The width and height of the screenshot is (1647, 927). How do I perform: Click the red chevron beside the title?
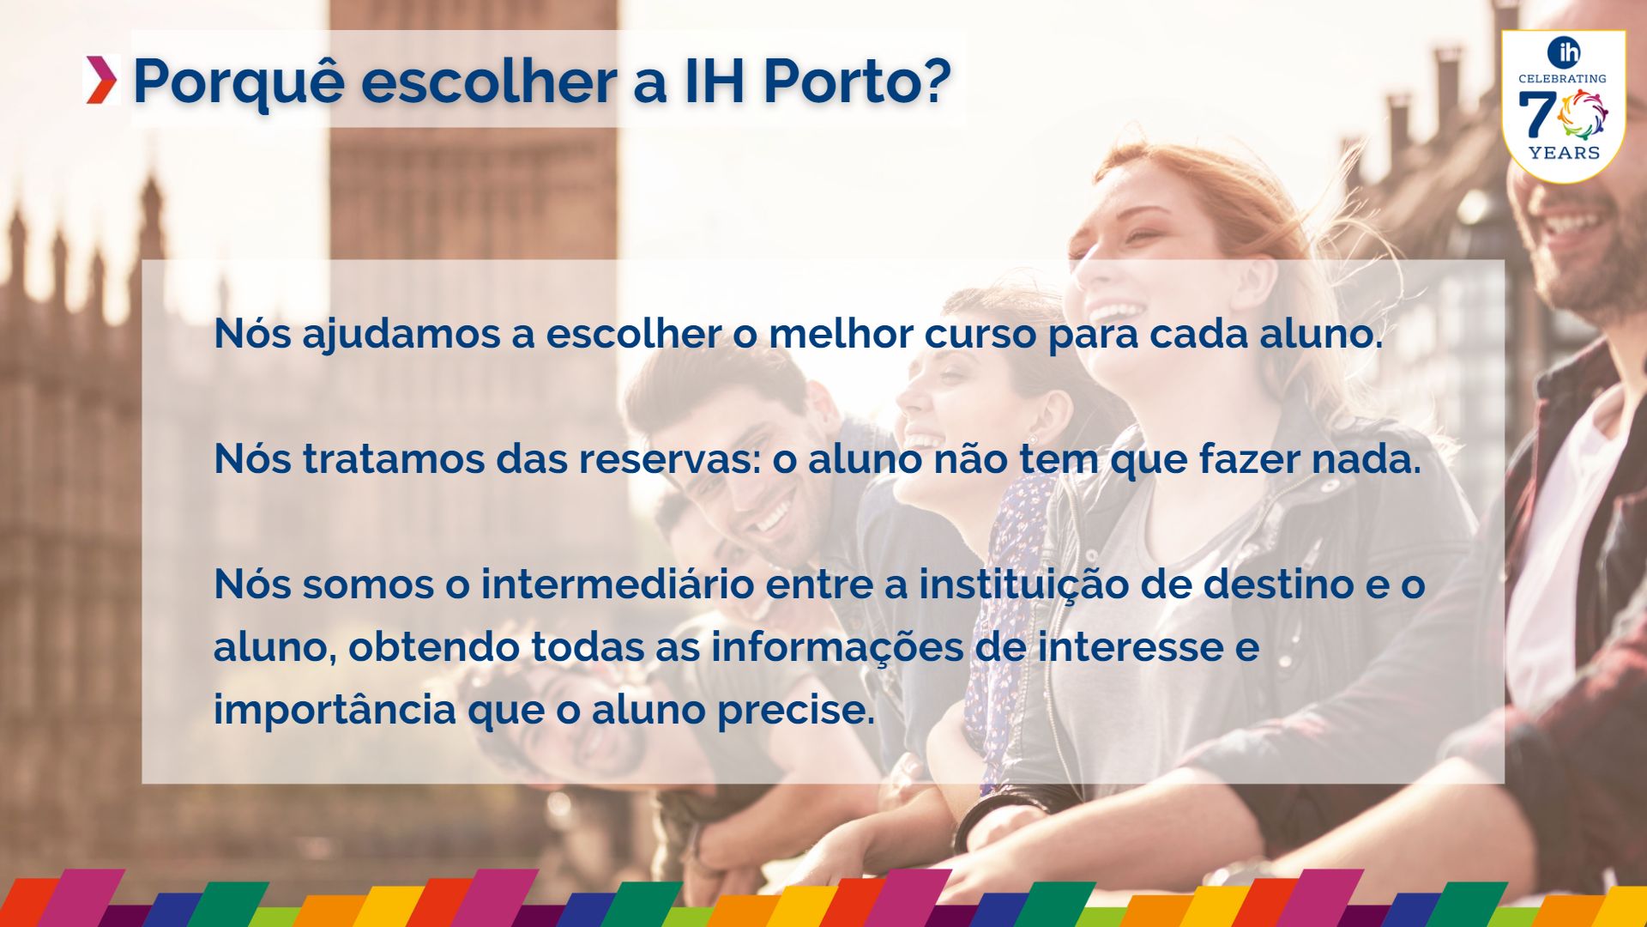(101, 80)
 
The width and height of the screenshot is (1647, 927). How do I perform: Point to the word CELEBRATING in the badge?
(1562, 78)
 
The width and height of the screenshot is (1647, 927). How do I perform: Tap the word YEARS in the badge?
(1565, 153)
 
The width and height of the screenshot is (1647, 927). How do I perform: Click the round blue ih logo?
(1564, 52)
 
